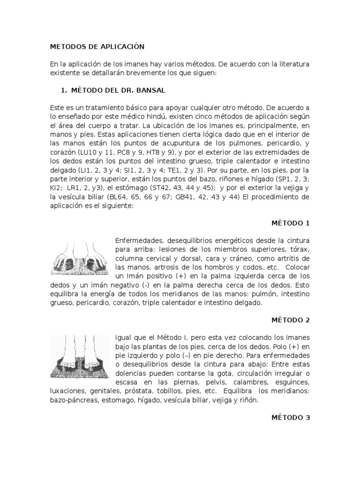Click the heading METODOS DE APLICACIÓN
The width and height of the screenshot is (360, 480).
point(97,47)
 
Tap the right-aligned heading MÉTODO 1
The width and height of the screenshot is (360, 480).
point(291,223)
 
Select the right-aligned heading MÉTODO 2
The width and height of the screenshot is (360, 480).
point(291,320)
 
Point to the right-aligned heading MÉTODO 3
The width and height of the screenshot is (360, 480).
point(291,417)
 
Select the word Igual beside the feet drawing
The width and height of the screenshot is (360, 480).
point(123,337)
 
